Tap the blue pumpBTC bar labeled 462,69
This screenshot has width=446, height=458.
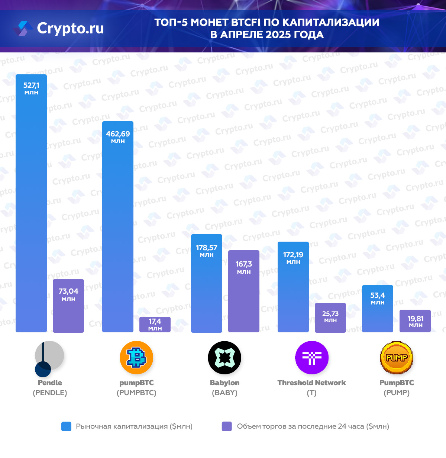click(118, 230)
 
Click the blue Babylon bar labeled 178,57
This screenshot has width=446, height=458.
click(207, 286)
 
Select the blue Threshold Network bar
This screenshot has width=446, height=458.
click(293, 290)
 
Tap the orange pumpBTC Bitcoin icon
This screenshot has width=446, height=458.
click(136, 358)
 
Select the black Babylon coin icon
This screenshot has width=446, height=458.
click(224, 358)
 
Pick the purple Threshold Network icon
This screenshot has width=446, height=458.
click(312, 358)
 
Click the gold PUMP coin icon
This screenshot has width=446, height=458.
click(397, 358)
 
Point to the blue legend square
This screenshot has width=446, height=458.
click(66, 426)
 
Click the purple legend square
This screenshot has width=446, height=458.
click(227, 426)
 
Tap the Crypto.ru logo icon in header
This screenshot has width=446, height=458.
click(23, 29)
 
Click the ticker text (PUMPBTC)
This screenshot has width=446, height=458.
click(136, 393)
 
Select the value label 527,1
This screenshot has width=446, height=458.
click(31, 86)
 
